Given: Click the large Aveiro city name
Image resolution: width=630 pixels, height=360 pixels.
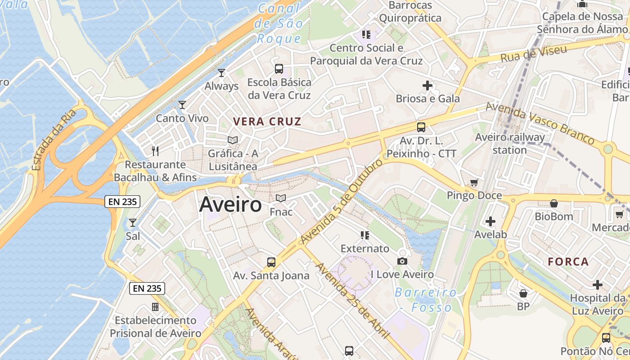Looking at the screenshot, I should click(x=230, y=205).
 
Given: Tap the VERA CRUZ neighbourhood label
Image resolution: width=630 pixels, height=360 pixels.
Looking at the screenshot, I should click(x=267, y=121).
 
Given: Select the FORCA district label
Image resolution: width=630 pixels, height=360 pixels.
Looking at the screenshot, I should click(x=568, y=262).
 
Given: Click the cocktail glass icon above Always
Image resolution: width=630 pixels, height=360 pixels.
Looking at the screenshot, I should click(x=221, y=72).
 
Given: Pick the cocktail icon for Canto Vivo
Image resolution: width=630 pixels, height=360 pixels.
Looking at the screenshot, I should click(x=182, y=105).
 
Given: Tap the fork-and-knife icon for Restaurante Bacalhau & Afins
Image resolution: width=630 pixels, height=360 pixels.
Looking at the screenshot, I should click(x=155, y=151).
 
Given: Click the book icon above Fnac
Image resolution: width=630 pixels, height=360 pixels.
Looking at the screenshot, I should click(x=281, y=198).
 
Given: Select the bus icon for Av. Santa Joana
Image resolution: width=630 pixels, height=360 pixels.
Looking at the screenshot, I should click(x=271, y=262).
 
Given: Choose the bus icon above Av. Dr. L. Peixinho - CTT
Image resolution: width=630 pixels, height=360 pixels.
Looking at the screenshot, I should click(x=421, y=127).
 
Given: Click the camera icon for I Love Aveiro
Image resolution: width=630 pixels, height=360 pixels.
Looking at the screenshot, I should click(x=402, y=261).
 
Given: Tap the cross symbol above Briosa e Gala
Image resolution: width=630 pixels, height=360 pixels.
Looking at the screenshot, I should click(x=427, y=85).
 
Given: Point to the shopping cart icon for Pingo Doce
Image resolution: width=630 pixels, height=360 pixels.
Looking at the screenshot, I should click(x=474, y=182).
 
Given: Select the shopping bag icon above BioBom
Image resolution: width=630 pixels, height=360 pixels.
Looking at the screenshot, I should click(x=554, y=203).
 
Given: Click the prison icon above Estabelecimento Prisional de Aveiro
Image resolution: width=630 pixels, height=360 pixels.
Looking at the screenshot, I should click(x=155, y=307).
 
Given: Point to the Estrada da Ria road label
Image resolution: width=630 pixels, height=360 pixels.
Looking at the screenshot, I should click(x=55, y=140).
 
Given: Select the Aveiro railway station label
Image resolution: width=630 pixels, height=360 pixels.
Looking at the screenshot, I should click(x=510, y=143).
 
